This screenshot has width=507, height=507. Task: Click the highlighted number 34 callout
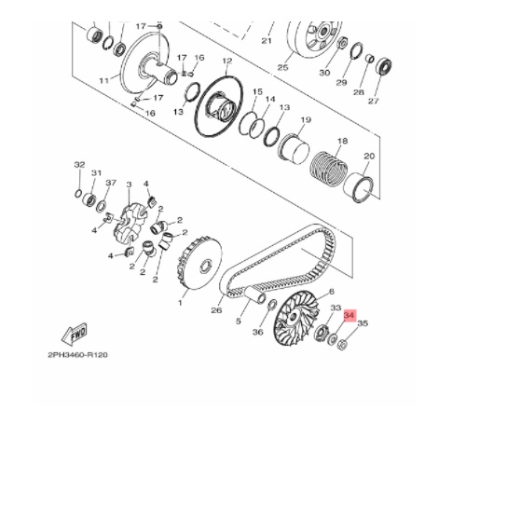349,316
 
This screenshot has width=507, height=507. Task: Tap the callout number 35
363,325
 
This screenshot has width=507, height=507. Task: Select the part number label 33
336,308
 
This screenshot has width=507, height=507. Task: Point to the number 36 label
258,333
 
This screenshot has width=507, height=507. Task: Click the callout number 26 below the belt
217,310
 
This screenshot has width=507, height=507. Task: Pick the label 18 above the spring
341,141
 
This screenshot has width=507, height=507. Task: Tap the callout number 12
226,61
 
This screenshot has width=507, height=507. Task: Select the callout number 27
374,103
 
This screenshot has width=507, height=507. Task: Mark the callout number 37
111,183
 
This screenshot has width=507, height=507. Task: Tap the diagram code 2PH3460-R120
78,355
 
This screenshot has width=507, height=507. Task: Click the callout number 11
103,80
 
